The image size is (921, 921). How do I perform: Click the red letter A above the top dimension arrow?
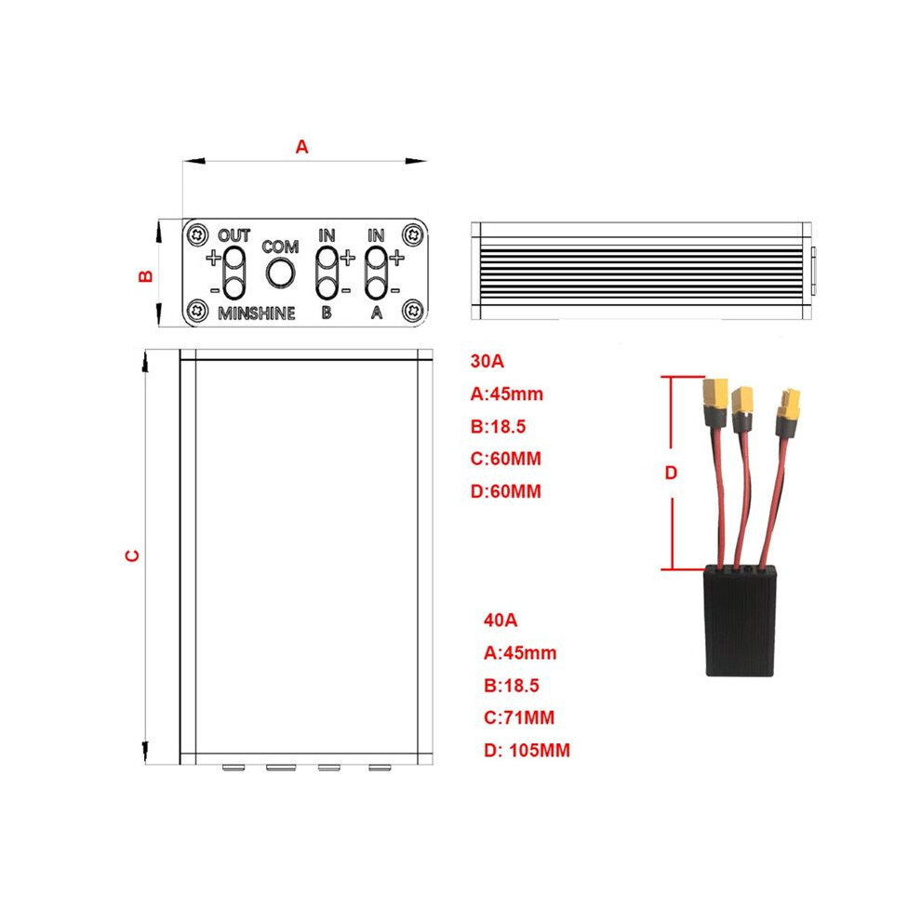pos(301,147)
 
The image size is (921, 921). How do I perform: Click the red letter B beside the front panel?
pos(145,276)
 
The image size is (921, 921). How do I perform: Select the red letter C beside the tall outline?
pos(133,555)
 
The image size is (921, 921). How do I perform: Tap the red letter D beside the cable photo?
pos(671,473)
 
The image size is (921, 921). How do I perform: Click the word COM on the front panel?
pos(280,247)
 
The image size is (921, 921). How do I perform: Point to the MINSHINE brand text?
pos(257,314)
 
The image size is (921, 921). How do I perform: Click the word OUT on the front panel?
pos(234,235)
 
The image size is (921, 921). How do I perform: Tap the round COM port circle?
pos(280,274)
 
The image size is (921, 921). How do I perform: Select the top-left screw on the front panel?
pos(198,234)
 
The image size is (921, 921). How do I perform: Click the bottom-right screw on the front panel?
pos(412,309)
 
